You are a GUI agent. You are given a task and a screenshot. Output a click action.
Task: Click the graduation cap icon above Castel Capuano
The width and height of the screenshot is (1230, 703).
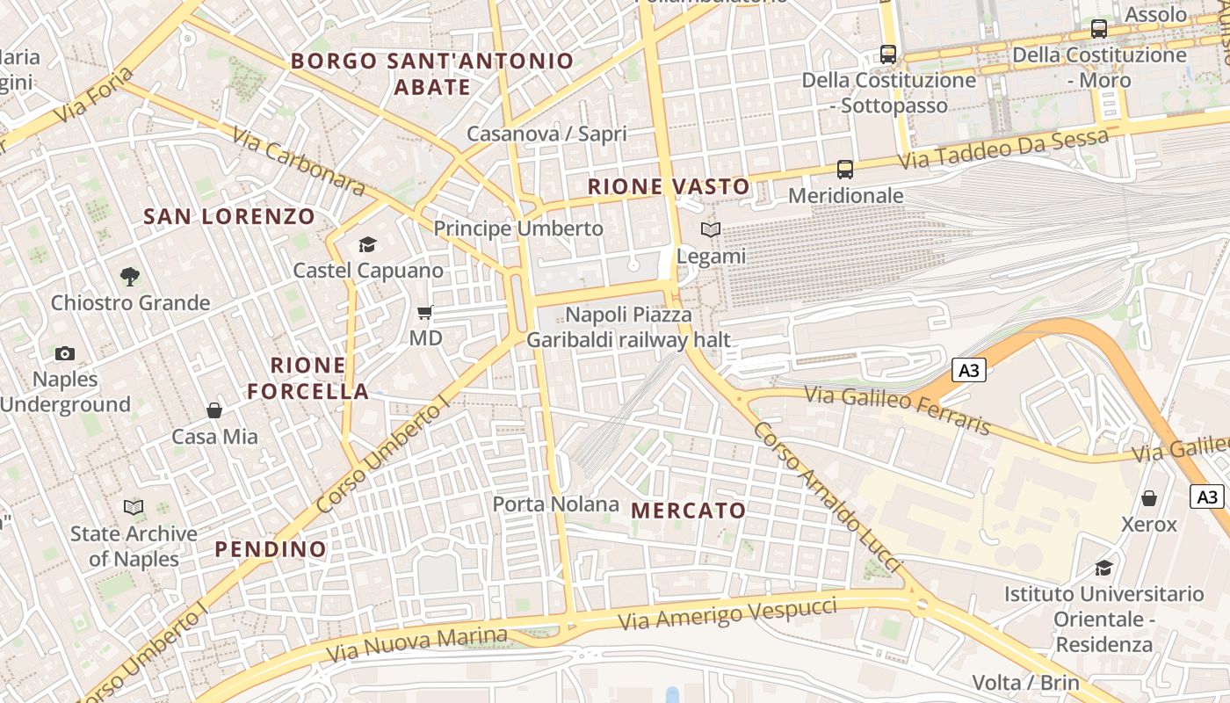(367, 244)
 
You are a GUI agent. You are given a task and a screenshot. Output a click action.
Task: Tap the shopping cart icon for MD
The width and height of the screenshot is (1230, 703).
(425, 312)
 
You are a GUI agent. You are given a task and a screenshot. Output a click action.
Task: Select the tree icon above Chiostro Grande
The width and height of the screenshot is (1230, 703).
(130, 277)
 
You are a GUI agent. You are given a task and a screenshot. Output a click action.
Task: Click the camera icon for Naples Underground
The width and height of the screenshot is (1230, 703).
(64, 353)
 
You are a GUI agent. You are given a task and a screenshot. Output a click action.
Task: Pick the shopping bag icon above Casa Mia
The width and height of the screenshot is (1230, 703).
(214, 410)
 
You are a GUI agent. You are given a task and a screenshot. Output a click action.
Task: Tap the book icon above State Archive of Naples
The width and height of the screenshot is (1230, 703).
(134, 507)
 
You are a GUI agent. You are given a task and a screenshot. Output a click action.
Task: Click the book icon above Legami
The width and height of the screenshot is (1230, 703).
(710, 229)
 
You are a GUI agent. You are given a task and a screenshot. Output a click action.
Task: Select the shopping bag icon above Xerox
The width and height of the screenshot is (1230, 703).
(1148, 498)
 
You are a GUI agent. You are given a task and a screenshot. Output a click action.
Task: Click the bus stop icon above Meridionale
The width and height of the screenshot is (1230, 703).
(845, 169)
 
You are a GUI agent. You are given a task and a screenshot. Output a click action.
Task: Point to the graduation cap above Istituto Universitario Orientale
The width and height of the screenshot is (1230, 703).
(1103, 568)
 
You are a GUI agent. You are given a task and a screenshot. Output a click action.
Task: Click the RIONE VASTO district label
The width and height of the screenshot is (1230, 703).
(669, 186)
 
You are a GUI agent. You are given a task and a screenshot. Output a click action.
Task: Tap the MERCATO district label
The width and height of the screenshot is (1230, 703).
(689, 511)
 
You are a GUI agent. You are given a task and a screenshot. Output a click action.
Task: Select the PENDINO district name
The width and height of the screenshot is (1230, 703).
(271, 549)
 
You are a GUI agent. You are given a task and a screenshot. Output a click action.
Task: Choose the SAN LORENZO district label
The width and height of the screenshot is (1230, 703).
(229, 216)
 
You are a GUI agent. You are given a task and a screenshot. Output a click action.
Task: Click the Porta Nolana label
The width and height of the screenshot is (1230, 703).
(555, 504)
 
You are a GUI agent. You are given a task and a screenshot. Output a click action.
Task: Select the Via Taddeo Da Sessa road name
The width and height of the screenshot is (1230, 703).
(1003, 149)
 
